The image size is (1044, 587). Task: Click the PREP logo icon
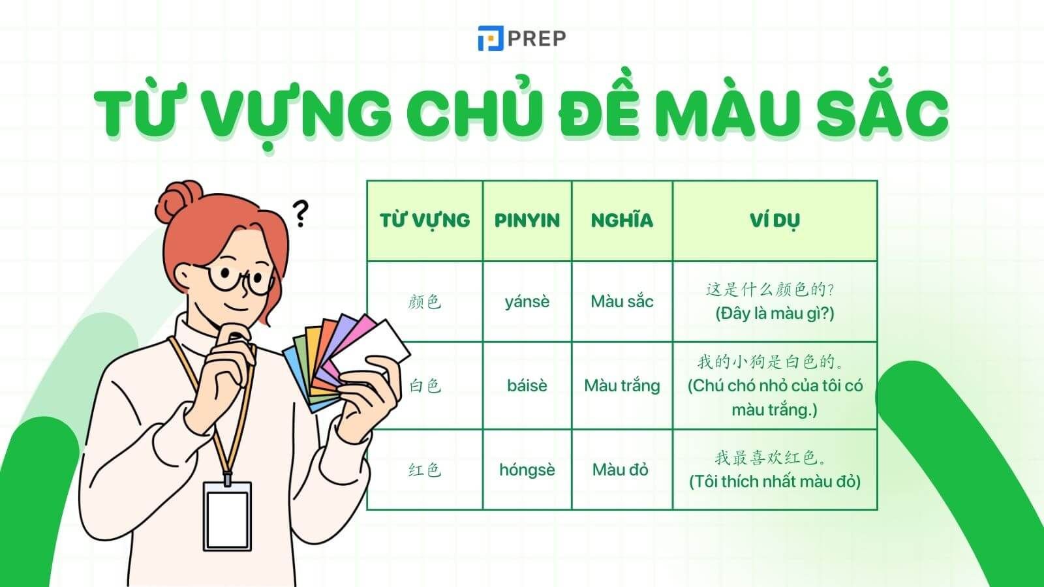[x=490, y=38]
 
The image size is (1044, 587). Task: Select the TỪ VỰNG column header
[x=425, y=220]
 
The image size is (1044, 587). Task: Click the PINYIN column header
[x=527, y=220]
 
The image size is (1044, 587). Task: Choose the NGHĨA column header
[x=622, y=220]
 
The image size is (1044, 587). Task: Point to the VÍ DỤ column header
[x=775, y=220]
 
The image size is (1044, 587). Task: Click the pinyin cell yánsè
[x=527, y=301]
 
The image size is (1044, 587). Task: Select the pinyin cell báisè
[x=527, y=385]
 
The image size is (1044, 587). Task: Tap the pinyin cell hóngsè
[x=527, y=470]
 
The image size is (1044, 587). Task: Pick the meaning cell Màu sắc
[x=622, y=301]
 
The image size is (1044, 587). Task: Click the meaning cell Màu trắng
[x=622, y=385]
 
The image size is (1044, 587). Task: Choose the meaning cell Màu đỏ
[x=621, y=470]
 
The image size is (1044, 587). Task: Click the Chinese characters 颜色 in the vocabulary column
[x=425, y=301]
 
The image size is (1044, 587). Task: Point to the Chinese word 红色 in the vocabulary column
[x=425, y=470]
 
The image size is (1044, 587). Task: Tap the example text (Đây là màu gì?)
[x=775, y=314]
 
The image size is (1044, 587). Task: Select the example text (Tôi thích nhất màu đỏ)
[x=775, y=482]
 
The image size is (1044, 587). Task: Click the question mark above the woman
[x=300, y=213]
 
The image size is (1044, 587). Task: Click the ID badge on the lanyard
[x=227, y=515]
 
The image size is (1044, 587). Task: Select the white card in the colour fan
[x=374, y=346]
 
